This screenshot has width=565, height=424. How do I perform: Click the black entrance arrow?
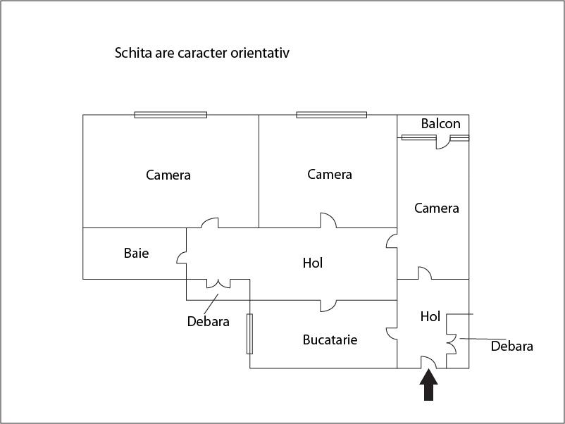(x=428, y=385)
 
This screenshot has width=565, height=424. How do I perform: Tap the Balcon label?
(x=441, y=123)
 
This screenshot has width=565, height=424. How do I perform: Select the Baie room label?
(x=136, y=253)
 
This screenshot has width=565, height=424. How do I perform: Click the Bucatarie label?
(x=330, y=339)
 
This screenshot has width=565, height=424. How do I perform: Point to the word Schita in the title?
(x=133, y=53)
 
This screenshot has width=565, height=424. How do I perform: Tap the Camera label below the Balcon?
(x=436, y=208)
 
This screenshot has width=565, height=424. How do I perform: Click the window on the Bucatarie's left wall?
(x=249, y=334)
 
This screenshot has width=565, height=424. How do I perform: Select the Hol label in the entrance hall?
(x=430, y=316)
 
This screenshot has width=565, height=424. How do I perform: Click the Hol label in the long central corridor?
(x=312, y=263)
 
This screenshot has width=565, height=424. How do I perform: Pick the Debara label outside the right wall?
(x=511, y=347)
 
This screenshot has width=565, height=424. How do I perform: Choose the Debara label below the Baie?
(x=209, y=321)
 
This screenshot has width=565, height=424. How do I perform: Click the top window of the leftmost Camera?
(x=170, y=115)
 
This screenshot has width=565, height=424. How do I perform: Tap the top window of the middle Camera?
(x=332, y=115)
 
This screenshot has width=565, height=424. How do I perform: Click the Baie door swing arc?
(x=179, y=256)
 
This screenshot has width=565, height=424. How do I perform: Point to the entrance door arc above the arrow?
(x=432, y=358)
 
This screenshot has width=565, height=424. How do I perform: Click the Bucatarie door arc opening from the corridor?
(x=333, y=308)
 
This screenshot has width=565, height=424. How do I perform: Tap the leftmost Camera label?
(x=168, y=175)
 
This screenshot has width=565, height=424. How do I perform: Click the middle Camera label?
(x=330, y=175)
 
